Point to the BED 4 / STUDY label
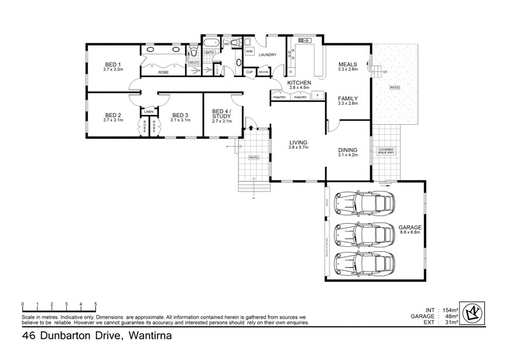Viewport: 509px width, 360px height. coord(222,115)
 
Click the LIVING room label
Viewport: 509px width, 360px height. coord(298,142)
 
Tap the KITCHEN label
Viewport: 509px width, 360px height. coord(299,83)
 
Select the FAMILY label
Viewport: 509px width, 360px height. coord(348,99)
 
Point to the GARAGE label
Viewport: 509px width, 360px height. coord(410,227)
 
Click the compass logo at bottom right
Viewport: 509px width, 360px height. coord(471,312)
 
